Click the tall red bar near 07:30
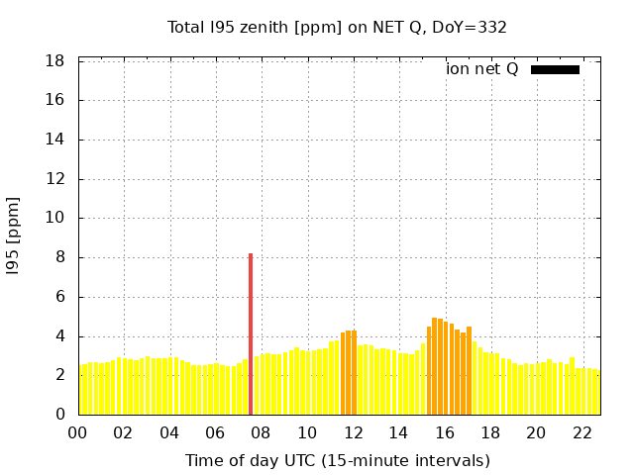click(251, 334)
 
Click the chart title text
click(337, 27)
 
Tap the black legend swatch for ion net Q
click(555, 69)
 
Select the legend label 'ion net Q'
click(481, 69)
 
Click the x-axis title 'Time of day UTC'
click(337, 460)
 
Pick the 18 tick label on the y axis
click(55, 61)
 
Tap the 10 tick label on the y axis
click(55, 219)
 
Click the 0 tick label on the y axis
click(59, 415)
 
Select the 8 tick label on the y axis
click(59, 257)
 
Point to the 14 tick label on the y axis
click(55, 140)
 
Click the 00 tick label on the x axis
click(77, 433)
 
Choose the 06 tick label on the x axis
click(215, 433)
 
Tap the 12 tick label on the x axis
click(353, 433)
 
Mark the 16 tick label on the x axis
click(445, 433)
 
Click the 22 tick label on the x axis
click(582, 433)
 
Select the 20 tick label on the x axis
click(536, 433)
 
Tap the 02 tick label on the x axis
click(123, 433)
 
